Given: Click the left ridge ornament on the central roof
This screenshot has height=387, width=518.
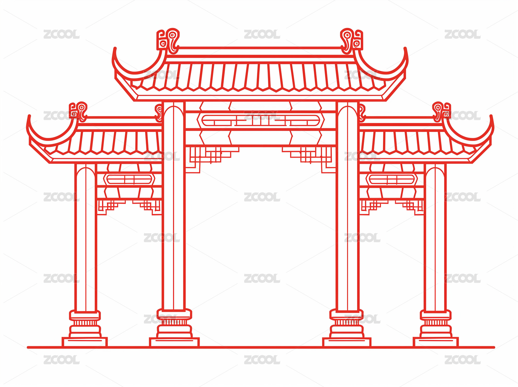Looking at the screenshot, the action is point(168,41).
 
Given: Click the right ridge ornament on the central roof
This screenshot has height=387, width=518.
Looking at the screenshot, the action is point(351,41).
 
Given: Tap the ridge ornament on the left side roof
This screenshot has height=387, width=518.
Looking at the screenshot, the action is point(78,112).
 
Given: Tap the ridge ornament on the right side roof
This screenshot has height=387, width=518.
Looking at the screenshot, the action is point(441,112).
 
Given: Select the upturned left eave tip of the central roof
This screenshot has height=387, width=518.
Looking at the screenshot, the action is point(115,49).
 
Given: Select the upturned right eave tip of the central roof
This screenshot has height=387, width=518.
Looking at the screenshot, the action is point(405,49).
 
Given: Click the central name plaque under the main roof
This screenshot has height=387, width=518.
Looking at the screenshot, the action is point(261,121).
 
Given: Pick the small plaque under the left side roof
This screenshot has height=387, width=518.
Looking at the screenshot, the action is point(129,179).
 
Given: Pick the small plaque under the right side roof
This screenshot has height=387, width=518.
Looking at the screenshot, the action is point(392,179).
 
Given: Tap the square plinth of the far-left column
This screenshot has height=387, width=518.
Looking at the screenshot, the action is point(85,342).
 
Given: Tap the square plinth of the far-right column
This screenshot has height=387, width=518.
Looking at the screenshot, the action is point(436,342).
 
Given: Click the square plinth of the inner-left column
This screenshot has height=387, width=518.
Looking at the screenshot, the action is point(174,342).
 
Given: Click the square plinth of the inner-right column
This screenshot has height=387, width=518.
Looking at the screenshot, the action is point(347,342).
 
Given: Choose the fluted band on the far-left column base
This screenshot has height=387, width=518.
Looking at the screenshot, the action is point(85,322).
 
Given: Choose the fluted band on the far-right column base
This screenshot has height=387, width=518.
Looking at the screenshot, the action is point(436,322).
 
